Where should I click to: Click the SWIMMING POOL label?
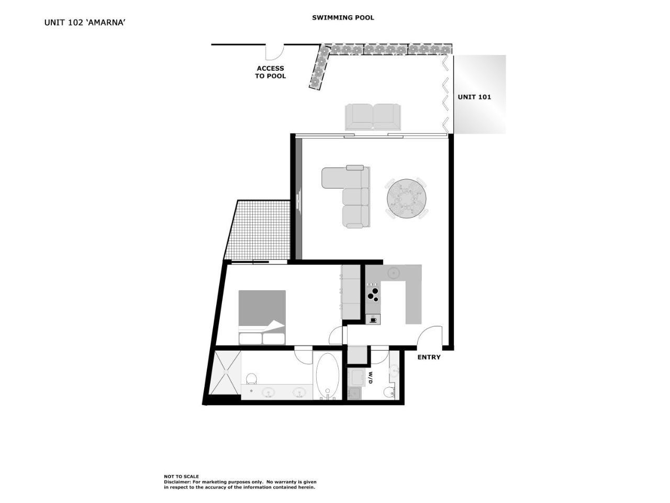(343, 17)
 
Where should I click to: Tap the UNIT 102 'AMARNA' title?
(85, 23)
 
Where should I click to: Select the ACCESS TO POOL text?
(270, 72)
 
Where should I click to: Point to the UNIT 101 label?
(474, 97)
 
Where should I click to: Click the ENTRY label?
(429, 357)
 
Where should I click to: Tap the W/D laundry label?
(370, 378)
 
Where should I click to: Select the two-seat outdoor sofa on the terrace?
(373, 116)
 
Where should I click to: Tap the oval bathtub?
(328, 376)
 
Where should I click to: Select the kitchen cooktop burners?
(373, 293)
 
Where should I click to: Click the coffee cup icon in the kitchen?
(373, 319)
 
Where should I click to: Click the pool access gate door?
(274, 52)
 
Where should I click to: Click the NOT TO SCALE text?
(181, 477)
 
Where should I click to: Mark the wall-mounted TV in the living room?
(298, 200)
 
